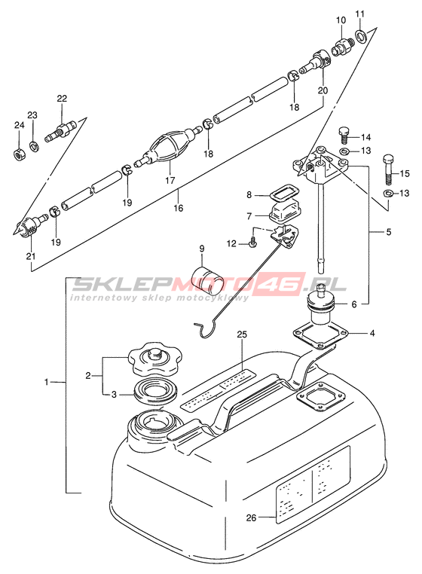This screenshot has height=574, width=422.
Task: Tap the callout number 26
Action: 251,518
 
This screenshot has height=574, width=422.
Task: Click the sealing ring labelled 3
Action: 157,392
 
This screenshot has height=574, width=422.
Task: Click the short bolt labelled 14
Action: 344,136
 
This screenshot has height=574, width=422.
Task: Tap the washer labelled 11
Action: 360,35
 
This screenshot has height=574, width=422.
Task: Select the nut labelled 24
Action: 20,154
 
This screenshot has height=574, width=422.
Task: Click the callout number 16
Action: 179,208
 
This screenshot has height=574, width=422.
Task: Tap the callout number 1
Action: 46,382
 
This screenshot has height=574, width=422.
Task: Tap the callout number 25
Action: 242,334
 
